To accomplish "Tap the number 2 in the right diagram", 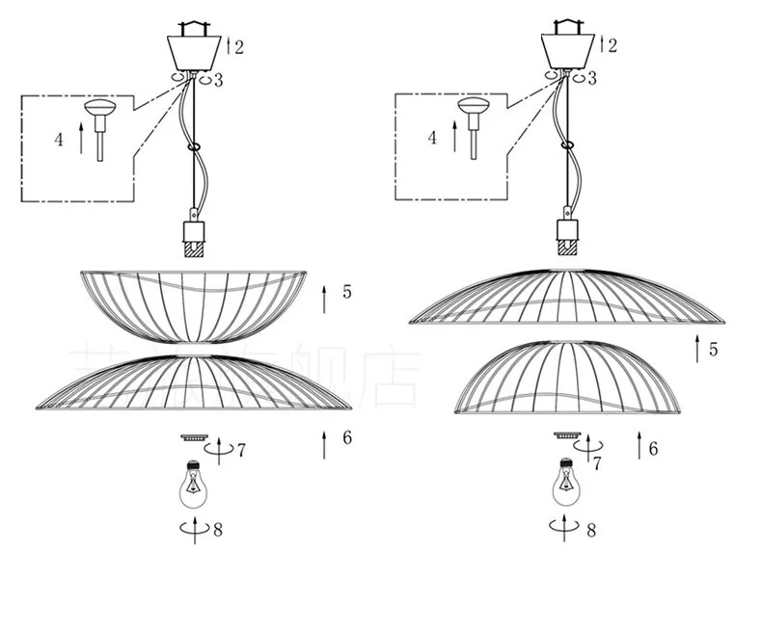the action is [x=612, y=45].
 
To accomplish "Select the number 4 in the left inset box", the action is [x=59, y=140].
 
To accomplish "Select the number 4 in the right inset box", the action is [x=432, y=138].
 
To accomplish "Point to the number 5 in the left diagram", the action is [x=347, y=290].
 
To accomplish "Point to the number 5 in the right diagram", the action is [x=713, y=349].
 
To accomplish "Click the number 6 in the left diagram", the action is [x=347, y=438].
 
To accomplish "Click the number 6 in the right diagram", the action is [x=653, y=448].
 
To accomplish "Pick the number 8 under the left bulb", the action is [x=217, y=529].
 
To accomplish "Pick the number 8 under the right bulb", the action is [x=590, y=529].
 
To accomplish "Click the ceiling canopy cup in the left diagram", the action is [x=194, y=49].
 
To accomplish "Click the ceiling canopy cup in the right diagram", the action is [x=567, y=49].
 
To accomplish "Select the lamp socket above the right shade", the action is [x=567, y=235].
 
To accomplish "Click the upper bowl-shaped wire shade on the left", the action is [x=193, y=303].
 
